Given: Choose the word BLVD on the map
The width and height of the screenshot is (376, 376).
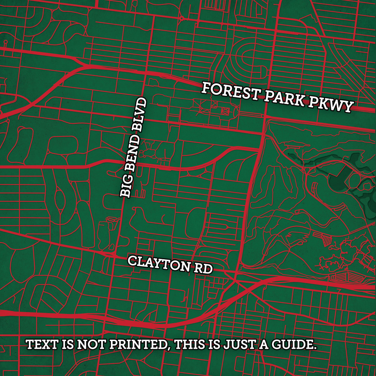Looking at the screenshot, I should pos(140,114).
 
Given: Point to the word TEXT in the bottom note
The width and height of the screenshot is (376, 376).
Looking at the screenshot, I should pos(40,345).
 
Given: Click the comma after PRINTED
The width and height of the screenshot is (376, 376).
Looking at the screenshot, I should pos(170,348).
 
